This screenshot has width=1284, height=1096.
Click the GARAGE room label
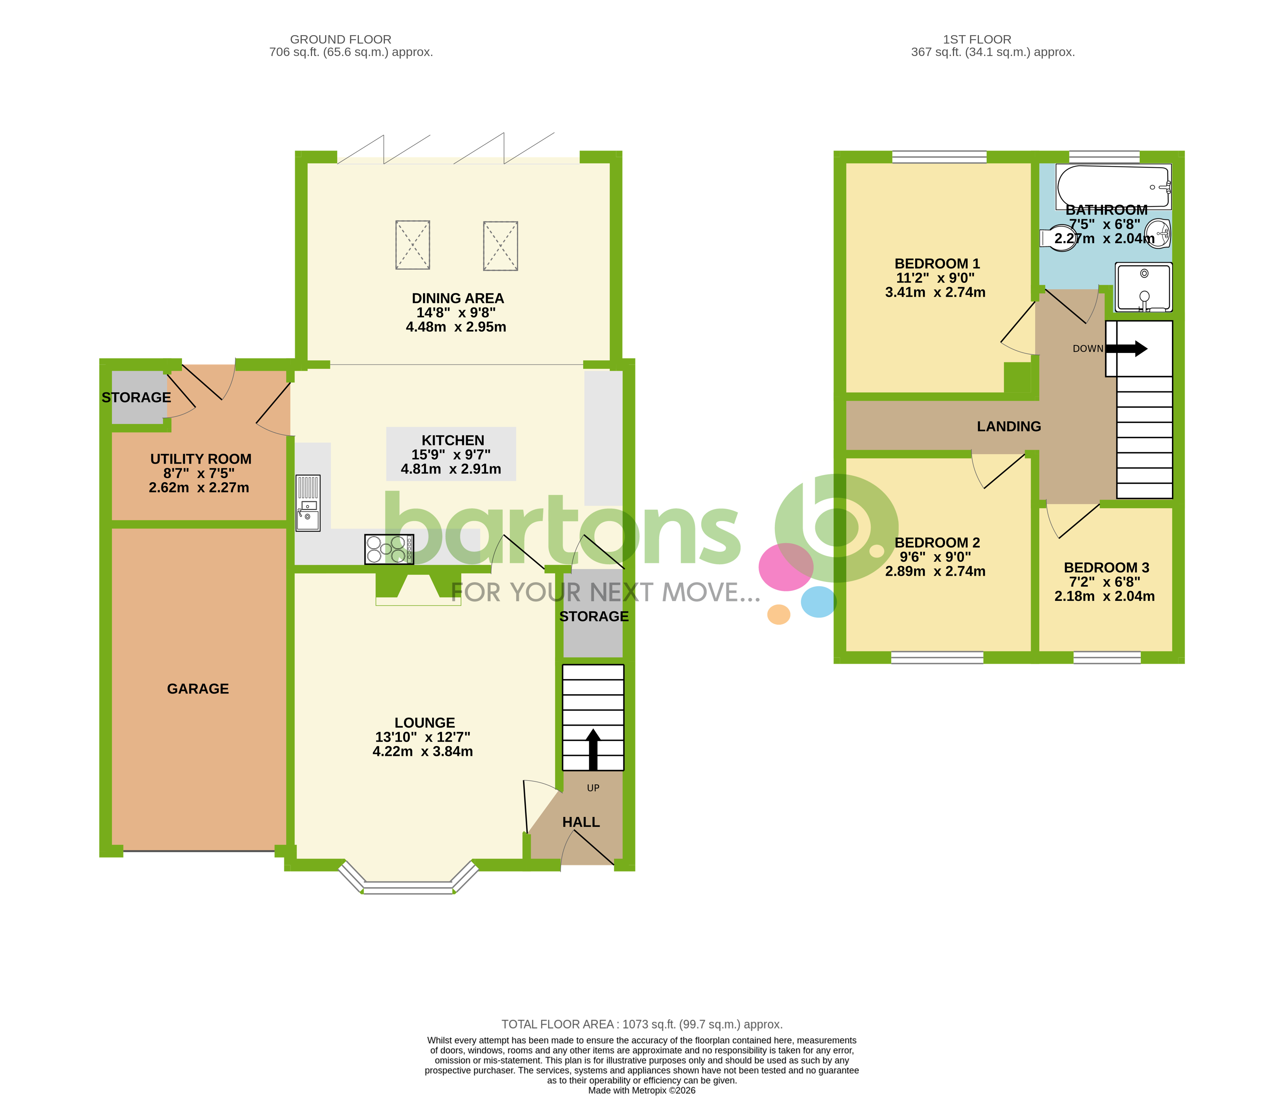[x=198, y=688]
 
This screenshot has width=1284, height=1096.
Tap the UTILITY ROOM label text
[x=201, y=459]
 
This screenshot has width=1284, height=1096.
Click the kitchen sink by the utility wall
[x=308, y=503]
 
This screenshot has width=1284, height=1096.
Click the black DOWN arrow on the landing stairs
[x=1127, y=349]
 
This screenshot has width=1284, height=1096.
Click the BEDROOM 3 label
[x=1106, y=568]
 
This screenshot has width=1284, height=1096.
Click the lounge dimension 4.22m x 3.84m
[x=423, y=751]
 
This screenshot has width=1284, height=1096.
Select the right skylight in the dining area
[x=500, y=246]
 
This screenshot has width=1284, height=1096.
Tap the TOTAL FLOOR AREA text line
[x=642, y=1024]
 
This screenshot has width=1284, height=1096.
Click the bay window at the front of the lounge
[x=408, y=886]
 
